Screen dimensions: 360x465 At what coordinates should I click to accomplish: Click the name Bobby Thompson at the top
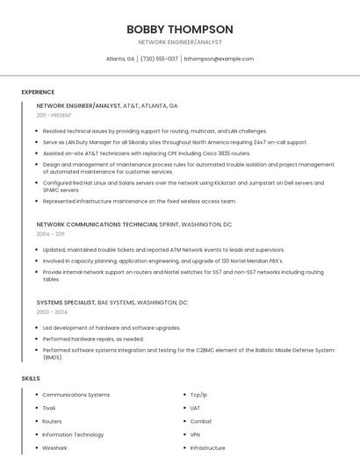point(180,29)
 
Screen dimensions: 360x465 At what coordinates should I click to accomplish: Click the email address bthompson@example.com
point(219,59)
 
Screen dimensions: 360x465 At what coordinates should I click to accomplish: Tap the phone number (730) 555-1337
point(159,59)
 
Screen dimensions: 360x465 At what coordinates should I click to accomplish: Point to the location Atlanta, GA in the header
point(120,59)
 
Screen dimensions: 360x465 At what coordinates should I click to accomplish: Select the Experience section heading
point(38,92)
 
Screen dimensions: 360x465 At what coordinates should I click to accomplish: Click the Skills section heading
point(31,378)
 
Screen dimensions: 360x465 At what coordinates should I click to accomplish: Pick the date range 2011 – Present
point(54,115)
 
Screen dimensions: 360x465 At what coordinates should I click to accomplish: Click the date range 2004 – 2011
point(50,234)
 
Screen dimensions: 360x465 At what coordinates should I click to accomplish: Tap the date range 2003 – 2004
point(52,311)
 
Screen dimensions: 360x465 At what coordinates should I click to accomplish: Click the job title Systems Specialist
point(66,302)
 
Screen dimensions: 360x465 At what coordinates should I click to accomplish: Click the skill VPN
point(196,434)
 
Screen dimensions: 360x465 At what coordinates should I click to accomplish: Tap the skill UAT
point(196,408)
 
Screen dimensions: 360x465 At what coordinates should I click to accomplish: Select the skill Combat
point(201,421)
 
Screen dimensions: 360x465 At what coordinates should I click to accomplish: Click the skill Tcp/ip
point(198,395)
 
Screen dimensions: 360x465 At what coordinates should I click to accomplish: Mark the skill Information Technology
point(73,434)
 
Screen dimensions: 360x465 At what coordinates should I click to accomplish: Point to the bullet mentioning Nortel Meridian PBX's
point(150,261)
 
